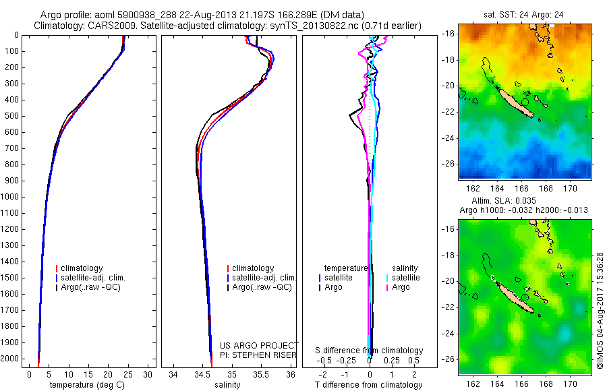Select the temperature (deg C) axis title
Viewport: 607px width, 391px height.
86,385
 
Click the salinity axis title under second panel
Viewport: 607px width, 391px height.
227,385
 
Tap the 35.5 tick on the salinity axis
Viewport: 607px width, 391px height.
261,374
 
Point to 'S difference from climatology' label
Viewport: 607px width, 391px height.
370,351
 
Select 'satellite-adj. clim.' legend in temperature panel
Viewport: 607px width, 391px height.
94,278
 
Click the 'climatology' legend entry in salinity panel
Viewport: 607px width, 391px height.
253,268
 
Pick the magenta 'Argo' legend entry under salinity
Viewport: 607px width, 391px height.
401,287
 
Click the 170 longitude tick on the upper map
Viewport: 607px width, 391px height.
571,188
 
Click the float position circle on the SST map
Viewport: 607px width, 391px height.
525,102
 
